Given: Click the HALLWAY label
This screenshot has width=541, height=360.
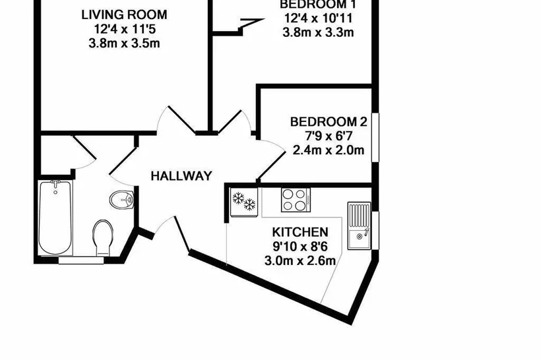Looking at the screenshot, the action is [x=181, y=176].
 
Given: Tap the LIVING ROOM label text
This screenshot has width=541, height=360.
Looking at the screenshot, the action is [x=124, y=15].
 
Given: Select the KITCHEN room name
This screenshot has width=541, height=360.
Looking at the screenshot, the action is [x=300, y=232].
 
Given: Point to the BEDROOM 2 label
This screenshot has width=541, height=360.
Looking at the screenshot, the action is [x=329, y=122].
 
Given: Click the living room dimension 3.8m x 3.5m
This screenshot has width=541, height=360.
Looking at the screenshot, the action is [x=124, y=44].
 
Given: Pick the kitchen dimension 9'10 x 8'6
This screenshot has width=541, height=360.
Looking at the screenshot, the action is [x=300, y=247].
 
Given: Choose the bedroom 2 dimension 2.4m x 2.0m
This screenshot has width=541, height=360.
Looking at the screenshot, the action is [x=329, y=150].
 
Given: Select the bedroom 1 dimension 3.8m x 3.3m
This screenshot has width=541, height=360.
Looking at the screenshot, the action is [x=318, y=32].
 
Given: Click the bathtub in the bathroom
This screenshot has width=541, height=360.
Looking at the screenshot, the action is [x=55, y=218].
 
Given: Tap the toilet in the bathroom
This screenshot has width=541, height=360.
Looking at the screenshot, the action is [x=103, y=238].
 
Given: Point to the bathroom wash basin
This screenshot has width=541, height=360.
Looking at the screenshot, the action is [x=121, y=199].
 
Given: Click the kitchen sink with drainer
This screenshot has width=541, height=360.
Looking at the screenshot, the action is [x=359, y=226].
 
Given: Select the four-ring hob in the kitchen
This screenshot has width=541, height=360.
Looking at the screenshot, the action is [x=296, y=200].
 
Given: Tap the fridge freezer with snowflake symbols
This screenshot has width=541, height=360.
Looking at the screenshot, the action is [x=244, y=202].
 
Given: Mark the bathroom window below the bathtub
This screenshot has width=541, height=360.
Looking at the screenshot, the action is [x=81, y=260].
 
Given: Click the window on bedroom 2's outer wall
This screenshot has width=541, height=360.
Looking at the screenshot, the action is [x=375, y=137].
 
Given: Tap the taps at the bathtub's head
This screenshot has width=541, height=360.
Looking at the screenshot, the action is [x=55, y=183].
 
